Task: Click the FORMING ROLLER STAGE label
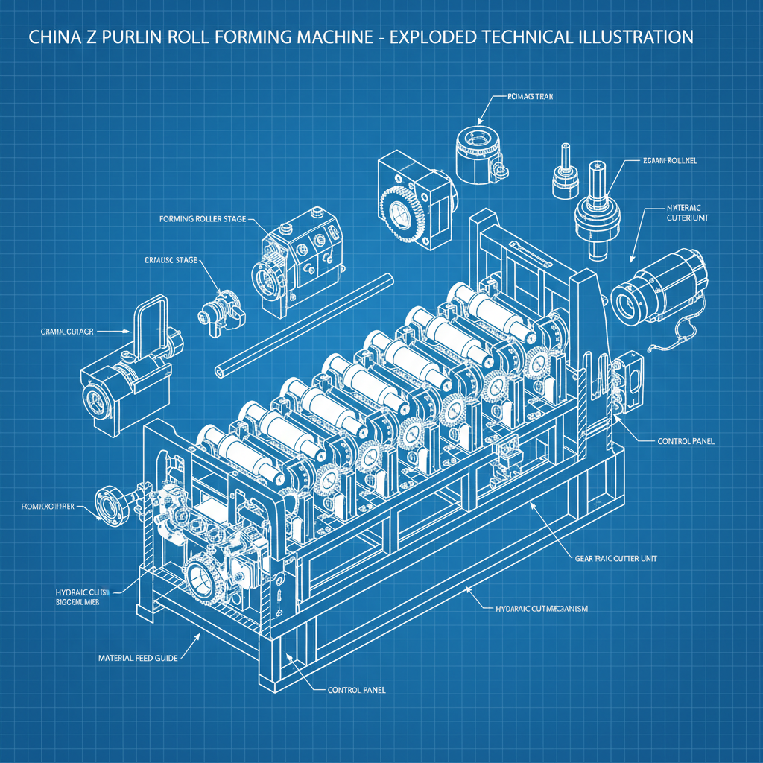pos(202,220)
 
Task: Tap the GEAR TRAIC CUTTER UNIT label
pos(616,558)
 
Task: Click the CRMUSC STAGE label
pos(171,261)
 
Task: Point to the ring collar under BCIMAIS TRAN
pos(478,153)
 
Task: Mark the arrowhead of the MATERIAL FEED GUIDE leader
pos(199,636)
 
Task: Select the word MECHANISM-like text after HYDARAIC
pos(558,609)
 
